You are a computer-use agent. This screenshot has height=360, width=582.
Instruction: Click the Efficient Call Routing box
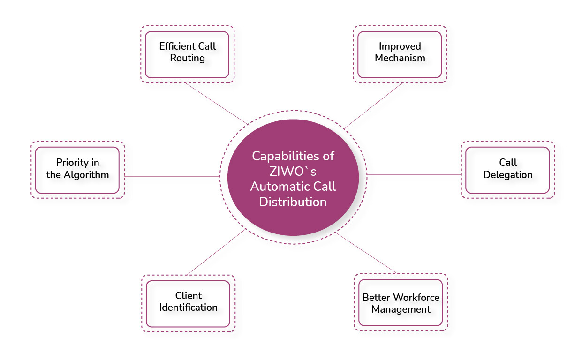[x=187, y=54]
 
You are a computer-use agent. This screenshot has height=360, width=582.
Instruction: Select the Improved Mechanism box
[x=400, y=54]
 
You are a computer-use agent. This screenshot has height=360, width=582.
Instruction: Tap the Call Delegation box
[x=507, y=170]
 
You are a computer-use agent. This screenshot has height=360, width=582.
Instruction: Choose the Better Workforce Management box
[x=401, y=303]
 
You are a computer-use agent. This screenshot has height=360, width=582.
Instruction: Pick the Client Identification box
[x=188, y=303]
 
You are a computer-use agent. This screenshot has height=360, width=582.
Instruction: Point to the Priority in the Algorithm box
[x=77, y=170]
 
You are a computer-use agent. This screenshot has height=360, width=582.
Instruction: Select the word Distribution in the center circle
[x=293, y=202]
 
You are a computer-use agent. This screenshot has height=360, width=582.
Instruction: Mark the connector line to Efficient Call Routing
[x=216, y=104]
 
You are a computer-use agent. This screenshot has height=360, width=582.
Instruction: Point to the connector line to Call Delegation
[x=415, y=174]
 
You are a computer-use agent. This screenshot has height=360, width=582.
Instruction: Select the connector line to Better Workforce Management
[x=366, y=253]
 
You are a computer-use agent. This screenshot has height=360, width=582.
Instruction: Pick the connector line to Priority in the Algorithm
[x=172, y=176]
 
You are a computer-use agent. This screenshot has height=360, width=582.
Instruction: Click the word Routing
[x=188, y=59]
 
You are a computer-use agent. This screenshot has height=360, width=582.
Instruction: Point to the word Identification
[x=188, y=308]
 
